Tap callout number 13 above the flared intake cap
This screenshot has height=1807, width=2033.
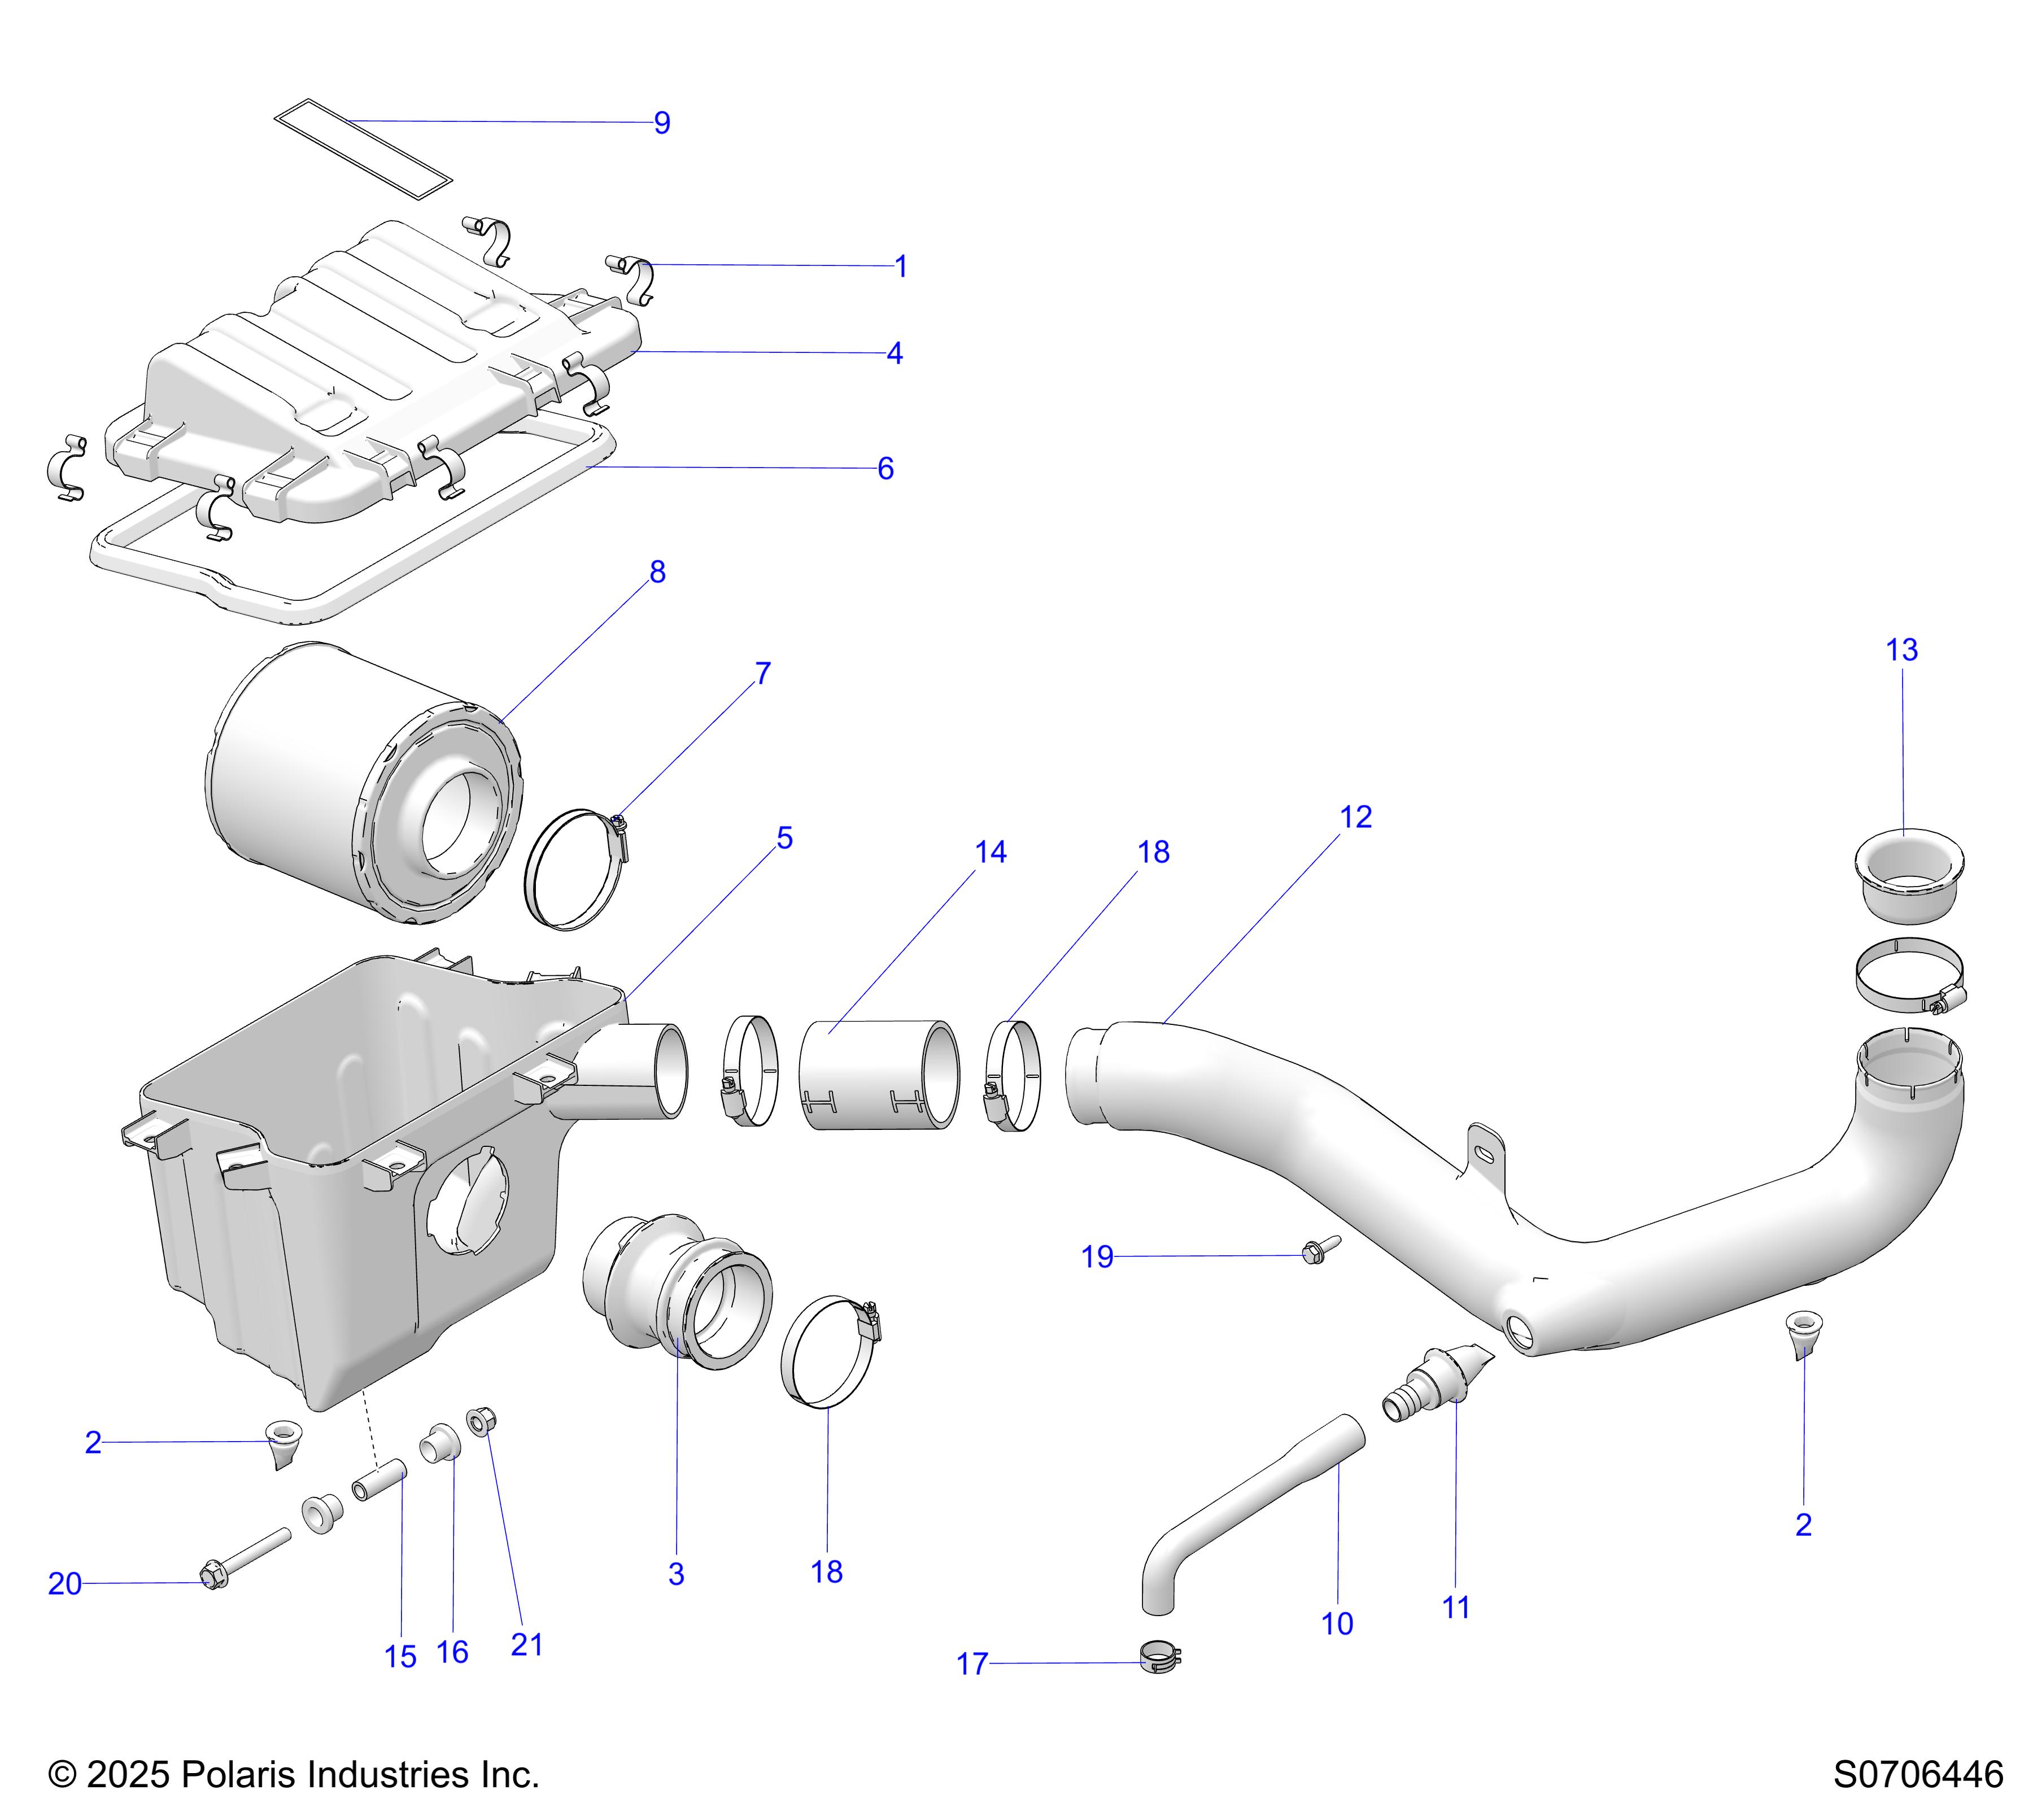(1902, 651)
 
